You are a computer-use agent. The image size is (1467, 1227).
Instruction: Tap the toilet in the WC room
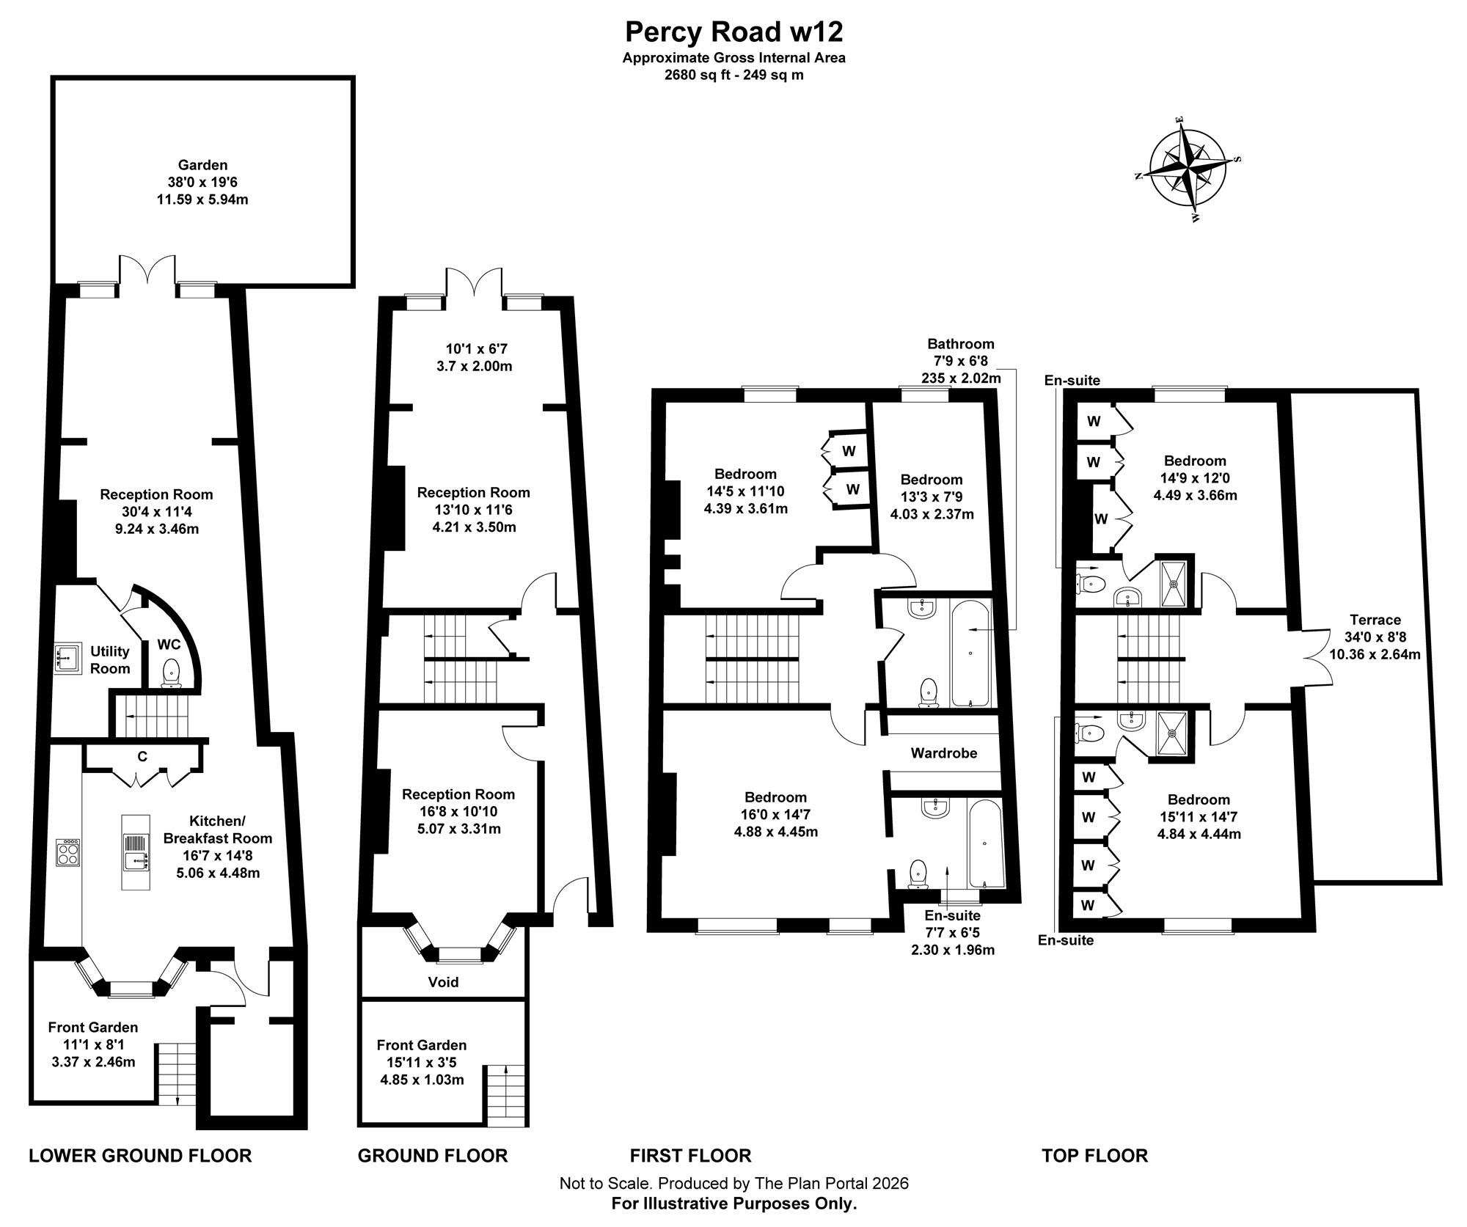click(171, 672)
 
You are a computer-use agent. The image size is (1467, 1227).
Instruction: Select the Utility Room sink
click(67, 658)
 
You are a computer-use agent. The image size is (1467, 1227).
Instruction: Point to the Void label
click(443, 981)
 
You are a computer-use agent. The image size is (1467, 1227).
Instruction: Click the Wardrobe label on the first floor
click(944, 752)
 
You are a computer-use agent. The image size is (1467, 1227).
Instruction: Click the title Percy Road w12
click(733, 32)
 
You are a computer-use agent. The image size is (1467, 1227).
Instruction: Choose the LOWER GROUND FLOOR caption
click(140, 1156)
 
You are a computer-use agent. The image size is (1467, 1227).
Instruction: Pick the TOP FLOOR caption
click(1094, 1156)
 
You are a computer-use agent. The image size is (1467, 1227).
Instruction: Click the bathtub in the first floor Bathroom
click(971, 653)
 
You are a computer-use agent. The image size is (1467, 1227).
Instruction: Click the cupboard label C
click(142, 756)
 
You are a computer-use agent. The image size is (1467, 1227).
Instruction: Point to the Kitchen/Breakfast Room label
click(218, 829)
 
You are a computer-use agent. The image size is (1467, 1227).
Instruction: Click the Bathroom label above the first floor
click(961, 343)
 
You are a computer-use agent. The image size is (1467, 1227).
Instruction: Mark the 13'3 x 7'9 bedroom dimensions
click(932, 497)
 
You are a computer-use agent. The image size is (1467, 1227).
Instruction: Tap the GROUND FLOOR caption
click(433, 1156)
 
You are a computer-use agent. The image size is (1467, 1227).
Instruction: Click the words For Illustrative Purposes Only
click(734, 1204)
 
